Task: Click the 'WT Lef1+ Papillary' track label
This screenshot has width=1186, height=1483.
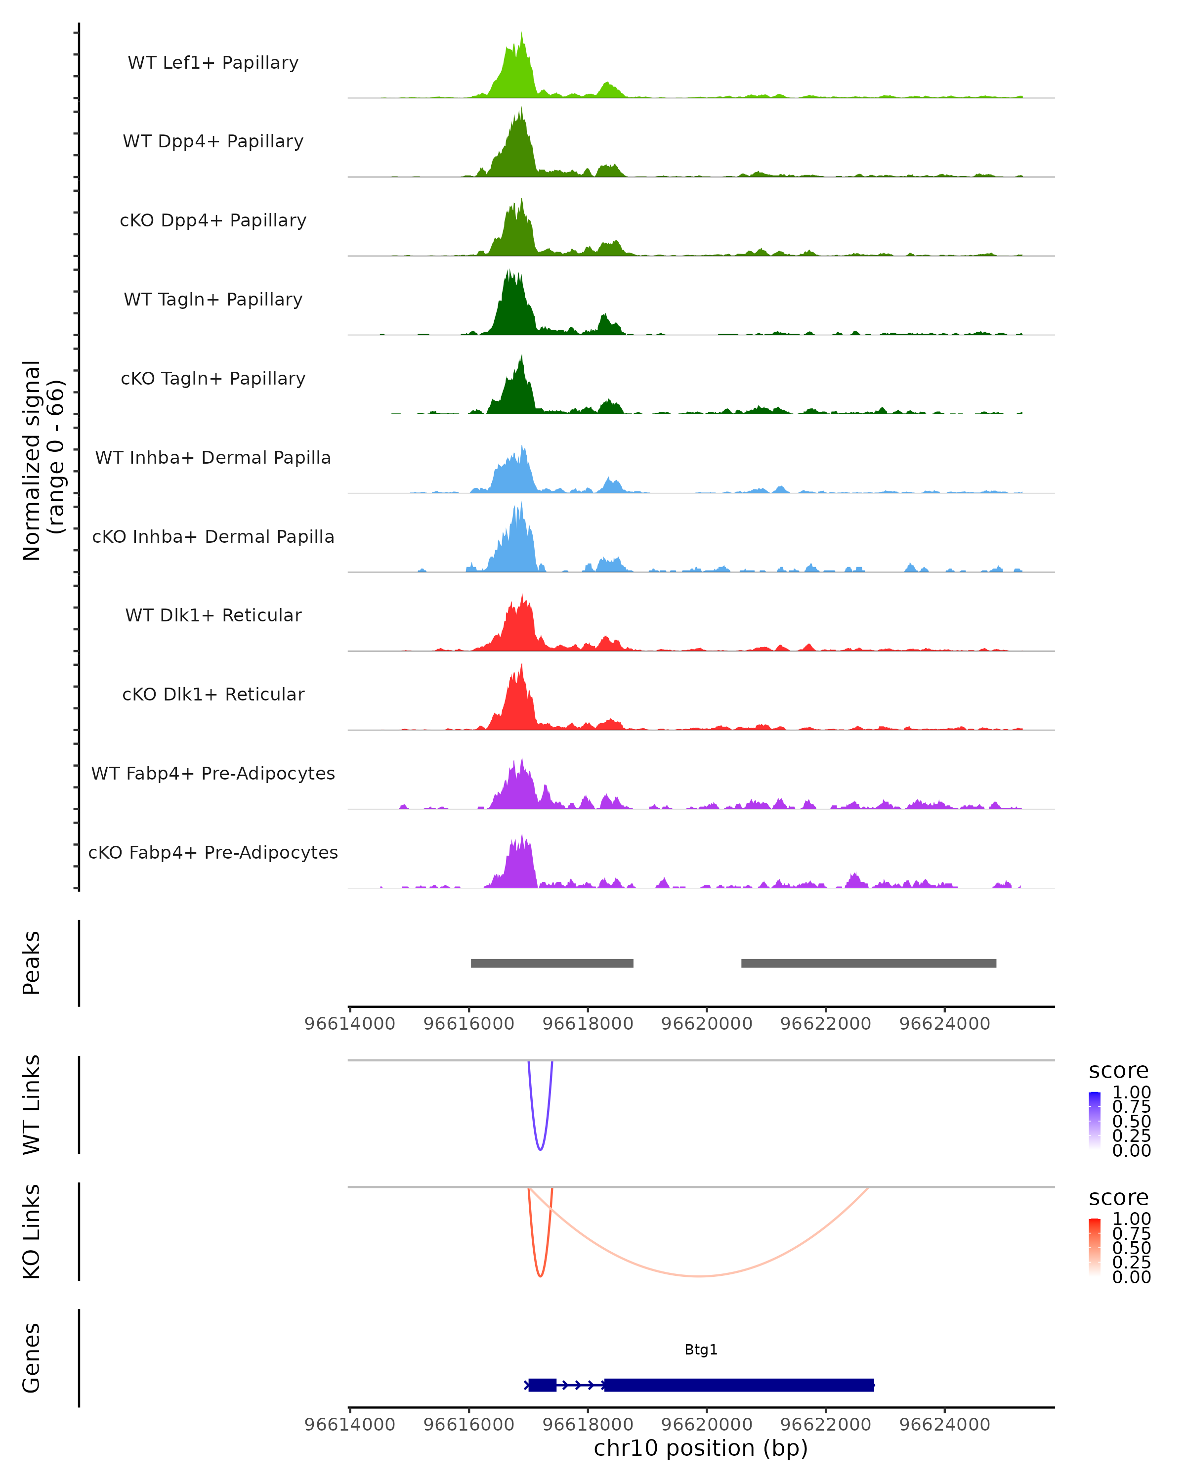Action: point(213,63)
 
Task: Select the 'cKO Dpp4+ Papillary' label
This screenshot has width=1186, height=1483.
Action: point(213,220)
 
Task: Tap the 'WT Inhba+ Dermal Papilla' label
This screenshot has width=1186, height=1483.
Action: point(213,457)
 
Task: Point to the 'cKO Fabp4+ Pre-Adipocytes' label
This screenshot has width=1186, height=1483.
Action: point(213,852)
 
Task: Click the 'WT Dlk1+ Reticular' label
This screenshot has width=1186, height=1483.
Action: point(213,615)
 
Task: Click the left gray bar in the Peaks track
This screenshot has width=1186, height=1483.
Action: point(551,963)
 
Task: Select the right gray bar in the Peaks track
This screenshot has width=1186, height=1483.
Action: point(868,963)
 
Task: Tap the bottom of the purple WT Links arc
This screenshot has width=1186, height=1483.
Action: point(541,1149)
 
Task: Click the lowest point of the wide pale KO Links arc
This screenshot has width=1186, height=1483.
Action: point(699,1276)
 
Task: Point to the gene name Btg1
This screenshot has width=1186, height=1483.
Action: point(701,1350)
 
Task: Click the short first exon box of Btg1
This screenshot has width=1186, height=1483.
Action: point(543,1385)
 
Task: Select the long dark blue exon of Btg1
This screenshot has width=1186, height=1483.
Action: point(739,1385)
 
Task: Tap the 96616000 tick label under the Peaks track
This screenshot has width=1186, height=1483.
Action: point(469,1024)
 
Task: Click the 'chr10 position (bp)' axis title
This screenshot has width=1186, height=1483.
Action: point(701,1448)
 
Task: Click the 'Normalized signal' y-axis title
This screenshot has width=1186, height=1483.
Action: point(32,460)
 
